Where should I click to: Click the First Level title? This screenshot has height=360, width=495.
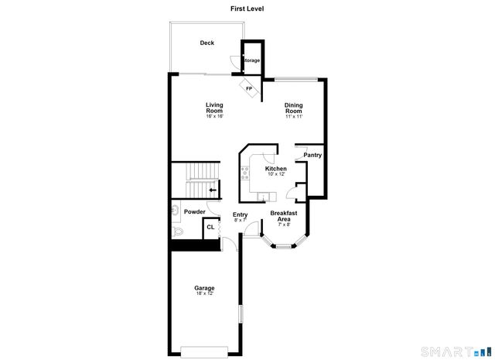tap(247, 9)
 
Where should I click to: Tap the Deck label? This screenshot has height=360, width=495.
tap(207, 43)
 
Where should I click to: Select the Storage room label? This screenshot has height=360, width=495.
tap(252, 60)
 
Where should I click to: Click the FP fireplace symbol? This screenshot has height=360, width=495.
tap(249, 88)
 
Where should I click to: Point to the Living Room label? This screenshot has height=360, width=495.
tap(214, 108)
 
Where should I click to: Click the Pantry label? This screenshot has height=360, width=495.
tap(312, 155)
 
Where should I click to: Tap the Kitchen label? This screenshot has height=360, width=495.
tap(276, 169)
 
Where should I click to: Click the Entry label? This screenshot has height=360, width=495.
tap(240, 215)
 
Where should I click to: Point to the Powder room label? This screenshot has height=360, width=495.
tap(194, 211)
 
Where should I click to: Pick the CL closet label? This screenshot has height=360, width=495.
tap(210, 228)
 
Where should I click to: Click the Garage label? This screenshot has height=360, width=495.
tap(204, 288)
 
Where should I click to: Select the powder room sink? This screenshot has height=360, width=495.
tap(175, 210)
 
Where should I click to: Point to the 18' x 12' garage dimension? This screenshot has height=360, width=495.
tap(204, 294)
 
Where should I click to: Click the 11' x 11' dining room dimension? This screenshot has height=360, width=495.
tap(293, 117)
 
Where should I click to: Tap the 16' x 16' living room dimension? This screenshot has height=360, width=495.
tap(214, 117)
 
